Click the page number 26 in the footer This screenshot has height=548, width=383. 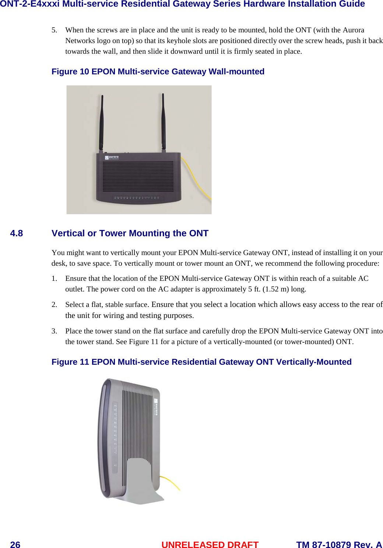click(x=15, y=545)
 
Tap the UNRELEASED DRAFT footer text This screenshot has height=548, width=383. click(x=210, y=545)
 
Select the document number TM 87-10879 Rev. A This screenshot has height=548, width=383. click(x=339, y=545)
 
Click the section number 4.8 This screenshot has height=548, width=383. click(x=17, y=233)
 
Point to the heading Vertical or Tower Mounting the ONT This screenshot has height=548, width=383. click(x=130, y=233)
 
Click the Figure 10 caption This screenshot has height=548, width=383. click(x=158, y=71)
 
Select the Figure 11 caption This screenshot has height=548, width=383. click(x=201, y=362)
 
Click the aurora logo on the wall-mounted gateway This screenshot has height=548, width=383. click(x=112, y=158)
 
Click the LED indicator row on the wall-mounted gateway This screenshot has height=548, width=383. click(x=136, y=198)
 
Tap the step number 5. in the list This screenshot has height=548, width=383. click(x=54, y=30)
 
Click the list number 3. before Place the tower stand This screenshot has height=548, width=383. click(x=54, y=331)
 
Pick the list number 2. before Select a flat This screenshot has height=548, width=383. click(x=54, y=304)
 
